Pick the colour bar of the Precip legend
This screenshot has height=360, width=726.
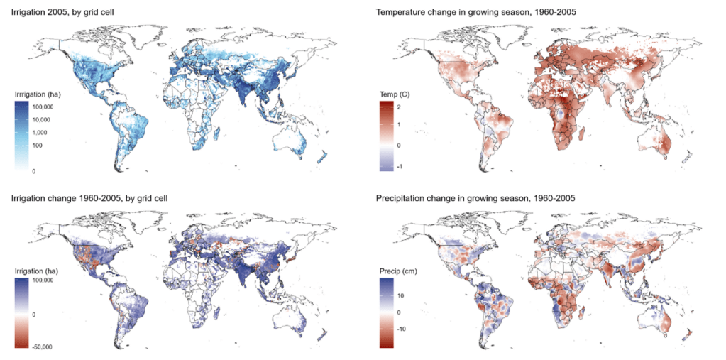[x=388, y=313]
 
